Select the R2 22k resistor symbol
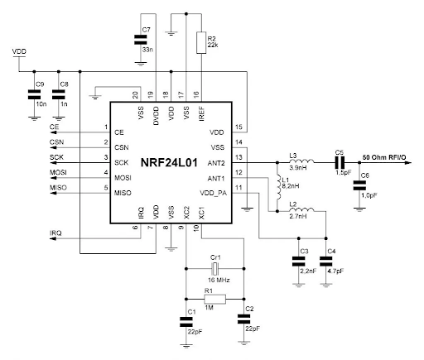pos(199,42)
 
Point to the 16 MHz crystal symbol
pos(214,269)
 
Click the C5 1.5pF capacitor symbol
pos(340,162)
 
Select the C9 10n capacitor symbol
pos(35,97)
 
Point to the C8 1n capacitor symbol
pos(57,97)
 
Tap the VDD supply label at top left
pos(20,51)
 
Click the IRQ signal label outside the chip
pos(56,234)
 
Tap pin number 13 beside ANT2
pos(238,157)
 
